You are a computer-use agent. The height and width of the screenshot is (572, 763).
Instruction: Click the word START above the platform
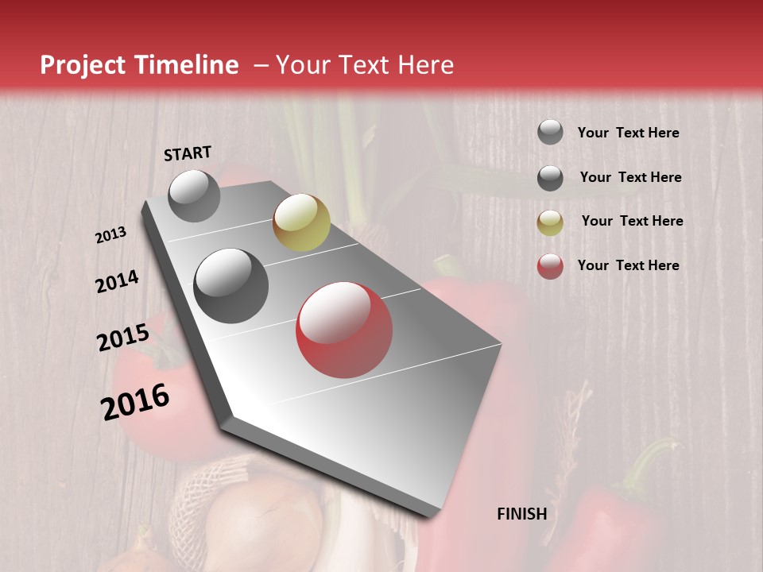[188, 153]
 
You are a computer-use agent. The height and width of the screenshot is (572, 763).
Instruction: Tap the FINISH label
[522, 514]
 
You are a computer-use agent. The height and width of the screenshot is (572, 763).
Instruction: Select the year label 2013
[111, 235]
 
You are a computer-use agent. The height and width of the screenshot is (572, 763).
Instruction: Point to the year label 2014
[118, 282]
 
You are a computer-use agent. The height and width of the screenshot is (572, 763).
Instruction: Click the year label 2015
[123, 338]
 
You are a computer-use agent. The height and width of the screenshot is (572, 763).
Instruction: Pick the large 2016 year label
[136, 402]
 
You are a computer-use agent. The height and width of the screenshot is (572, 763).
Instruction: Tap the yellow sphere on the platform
[301, 222]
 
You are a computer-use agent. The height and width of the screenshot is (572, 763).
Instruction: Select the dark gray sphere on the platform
[231, 286]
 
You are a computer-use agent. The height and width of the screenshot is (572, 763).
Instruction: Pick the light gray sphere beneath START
[195, 195]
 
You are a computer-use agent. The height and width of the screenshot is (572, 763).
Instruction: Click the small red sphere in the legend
[550, 266]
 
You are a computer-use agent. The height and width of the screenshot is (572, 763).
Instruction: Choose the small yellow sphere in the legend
[550, 222]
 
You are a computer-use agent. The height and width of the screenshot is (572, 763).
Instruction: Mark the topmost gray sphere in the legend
[550, 132]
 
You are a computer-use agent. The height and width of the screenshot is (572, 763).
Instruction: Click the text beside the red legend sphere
[628, 265]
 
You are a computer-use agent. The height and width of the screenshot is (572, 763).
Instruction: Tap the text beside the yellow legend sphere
[632, 221]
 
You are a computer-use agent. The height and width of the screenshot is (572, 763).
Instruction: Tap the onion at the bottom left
[262, 524]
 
